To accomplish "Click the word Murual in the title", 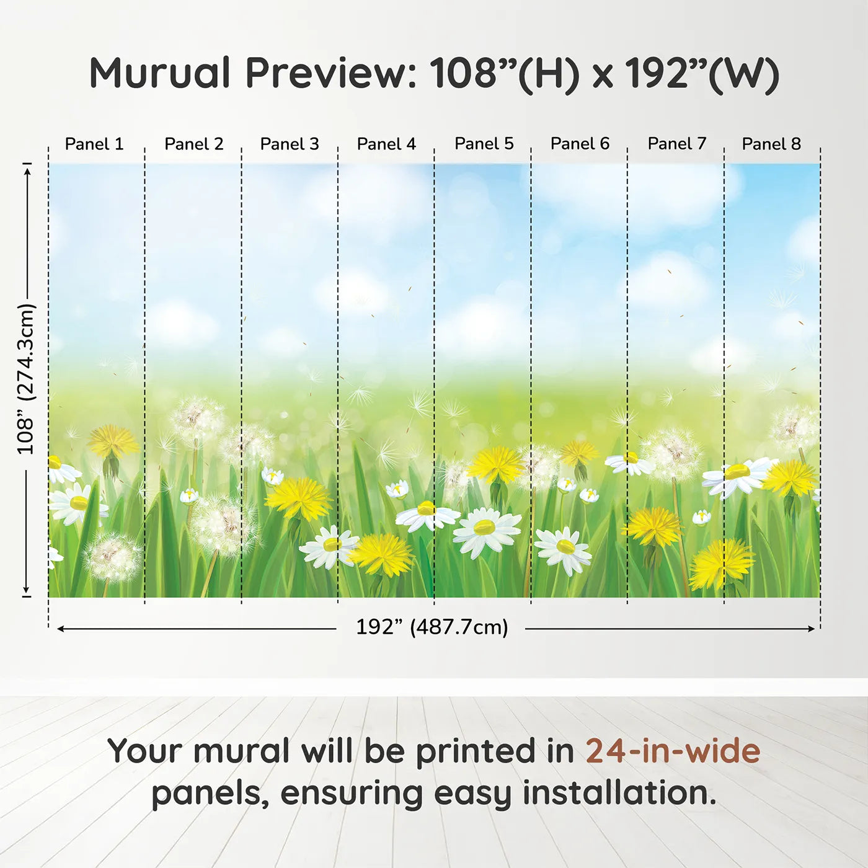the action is [160, 73].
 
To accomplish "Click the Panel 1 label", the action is [94, 144].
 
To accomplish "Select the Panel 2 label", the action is [193, 144].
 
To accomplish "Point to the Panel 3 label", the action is [290, 144].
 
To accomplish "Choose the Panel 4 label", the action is [386, 144].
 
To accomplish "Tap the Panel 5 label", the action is [484, 143].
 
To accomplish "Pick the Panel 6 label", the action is [580, 143].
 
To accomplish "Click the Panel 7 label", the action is [676, 143].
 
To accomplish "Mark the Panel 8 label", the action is [771, 144].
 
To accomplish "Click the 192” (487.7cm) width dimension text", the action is [432, 627].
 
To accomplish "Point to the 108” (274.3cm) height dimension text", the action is [26, 379].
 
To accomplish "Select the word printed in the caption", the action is [474, 752].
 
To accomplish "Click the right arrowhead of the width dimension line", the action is [811, 629].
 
